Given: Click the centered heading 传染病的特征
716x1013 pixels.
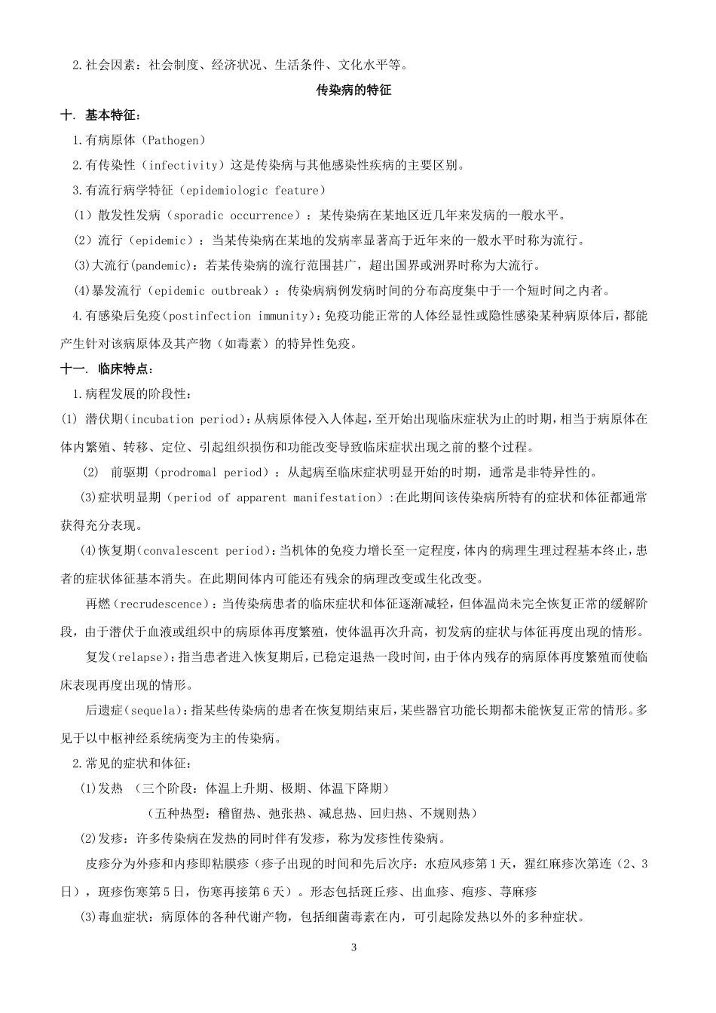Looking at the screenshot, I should click(353, 90).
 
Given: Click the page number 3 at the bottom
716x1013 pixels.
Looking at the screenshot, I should click(353, 947).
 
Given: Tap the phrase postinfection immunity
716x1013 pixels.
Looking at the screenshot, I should click(240, 316).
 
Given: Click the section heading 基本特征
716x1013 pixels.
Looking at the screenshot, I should click(112, 115).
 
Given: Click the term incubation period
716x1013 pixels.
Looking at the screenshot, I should click(188, 419).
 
